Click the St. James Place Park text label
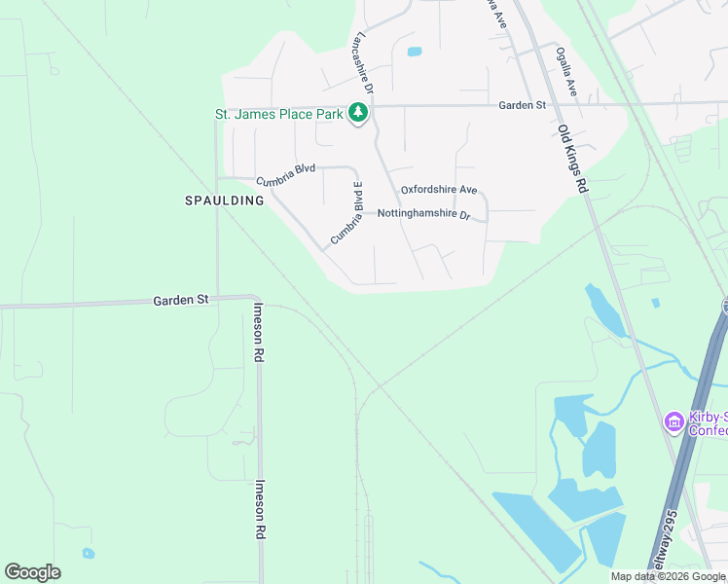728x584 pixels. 279,114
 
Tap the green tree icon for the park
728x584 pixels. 359,114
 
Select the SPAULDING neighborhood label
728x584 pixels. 225,201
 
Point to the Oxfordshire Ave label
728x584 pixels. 438,189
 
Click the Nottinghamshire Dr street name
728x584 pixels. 423,213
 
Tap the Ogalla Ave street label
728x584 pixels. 566,72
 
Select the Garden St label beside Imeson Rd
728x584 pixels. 181,301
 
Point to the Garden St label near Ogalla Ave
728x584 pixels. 523,105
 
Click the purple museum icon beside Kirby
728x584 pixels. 673,422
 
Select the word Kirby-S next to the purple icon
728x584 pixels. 708,417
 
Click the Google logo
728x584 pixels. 32,572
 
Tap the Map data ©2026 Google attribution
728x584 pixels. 668,576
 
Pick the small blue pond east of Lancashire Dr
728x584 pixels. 414,52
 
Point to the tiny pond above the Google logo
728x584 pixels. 89,554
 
